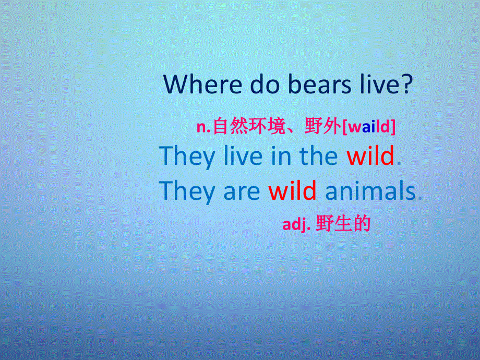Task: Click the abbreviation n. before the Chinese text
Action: click(203, 127)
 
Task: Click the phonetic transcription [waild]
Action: click(368, 127)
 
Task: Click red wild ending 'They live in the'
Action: click(370, 156)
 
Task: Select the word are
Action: click(242, 192)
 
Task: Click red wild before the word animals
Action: click(292, 191)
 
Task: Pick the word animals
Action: click(370, 191)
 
